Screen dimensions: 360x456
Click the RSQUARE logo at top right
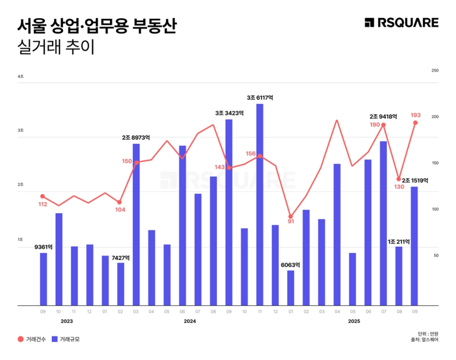(401, 23)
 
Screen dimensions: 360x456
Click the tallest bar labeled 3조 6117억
(259, 205)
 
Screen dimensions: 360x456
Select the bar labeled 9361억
(44, 279)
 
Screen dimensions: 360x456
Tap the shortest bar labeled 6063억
(290, 288)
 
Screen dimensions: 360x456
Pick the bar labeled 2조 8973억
(136, 224)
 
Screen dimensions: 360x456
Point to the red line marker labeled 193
(415, 123)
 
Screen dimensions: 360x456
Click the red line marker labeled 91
(290, 216)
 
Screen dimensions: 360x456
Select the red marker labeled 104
(120, 202)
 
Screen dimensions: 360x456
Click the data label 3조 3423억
(229, 113)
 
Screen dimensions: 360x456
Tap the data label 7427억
(121, 257)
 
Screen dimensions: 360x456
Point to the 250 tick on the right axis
(434, 70)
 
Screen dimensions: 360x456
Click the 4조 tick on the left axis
(20, 76)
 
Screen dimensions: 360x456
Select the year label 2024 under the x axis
(190, 321)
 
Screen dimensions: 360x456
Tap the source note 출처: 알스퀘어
(425, 340)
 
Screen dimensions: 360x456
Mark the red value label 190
(374, 125)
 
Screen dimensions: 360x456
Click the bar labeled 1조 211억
(399, 276)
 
